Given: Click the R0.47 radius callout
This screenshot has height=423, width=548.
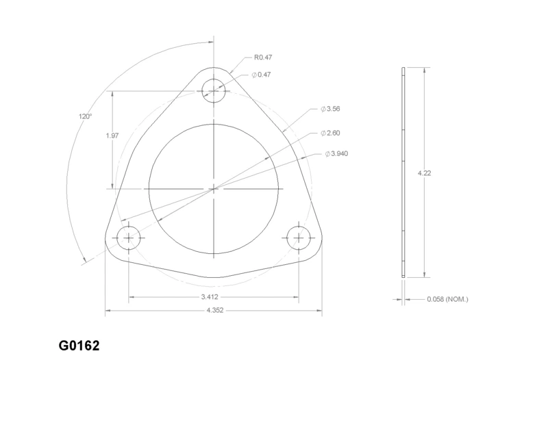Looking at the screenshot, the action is click(263, 57).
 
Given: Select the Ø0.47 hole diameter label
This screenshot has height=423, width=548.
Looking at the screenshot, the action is click(261, 75).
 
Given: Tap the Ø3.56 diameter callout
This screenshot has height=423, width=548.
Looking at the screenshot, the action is click(330, 109).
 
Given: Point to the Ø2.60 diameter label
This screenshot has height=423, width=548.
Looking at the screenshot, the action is click(330, 133).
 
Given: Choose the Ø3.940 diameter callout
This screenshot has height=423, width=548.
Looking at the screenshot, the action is click(336, 154).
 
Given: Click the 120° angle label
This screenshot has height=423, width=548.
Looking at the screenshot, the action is click(85, 116).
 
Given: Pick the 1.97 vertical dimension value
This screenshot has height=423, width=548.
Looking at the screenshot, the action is click(112, 136).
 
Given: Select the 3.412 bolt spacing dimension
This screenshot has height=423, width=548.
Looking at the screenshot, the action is click(210, 297).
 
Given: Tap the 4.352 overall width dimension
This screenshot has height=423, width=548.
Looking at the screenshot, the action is click(214, 310).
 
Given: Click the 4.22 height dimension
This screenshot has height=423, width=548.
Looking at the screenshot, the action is click(424, 173).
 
